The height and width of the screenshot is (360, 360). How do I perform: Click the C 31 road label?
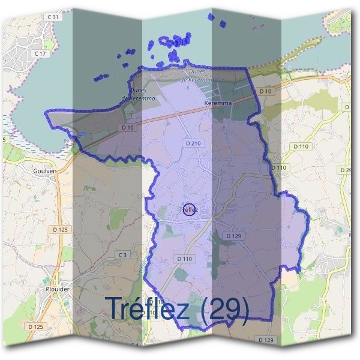point(53,17)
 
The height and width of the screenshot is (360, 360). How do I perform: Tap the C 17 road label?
point(41,53)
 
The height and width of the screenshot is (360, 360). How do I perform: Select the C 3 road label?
point(122,255)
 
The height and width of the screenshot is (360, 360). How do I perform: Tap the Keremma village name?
point(218,103)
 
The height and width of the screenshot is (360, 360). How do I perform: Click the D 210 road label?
point(193,143)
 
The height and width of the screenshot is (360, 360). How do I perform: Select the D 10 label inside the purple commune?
point(127,127)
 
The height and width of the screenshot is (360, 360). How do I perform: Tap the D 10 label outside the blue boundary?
point(266,91)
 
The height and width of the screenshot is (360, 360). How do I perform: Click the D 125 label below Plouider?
point(35,326)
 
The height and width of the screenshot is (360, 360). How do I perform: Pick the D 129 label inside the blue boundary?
point(233,236)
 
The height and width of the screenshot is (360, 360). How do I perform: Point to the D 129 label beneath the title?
point(266,340)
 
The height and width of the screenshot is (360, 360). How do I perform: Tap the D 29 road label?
point(346,170)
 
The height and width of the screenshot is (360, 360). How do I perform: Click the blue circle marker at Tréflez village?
point(188,209)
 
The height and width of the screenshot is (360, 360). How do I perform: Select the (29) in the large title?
point(226,308)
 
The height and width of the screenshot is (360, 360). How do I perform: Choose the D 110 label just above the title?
point(185,258)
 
